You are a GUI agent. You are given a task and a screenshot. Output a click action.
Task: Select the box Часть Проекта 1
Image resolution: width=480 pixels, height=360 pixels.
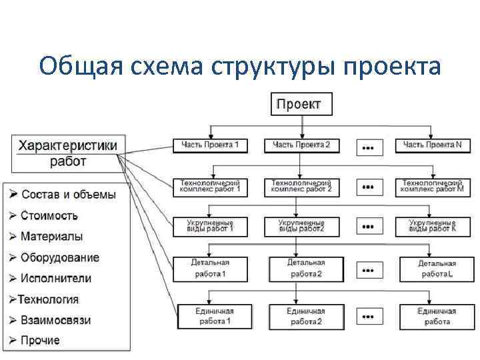(209, 145)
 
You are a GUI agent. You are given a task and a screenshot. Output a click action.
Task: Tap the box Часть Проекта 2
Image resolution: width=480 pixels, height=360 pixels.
(301, 145)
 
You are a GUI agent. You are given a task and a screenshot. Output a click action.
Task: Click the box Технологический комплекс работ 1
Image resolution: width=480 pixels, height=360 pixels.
(209, 186)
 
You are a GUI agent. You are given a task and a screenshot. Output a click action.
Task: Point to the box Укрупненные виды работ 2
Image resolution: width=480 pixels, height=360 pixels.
(301, 226)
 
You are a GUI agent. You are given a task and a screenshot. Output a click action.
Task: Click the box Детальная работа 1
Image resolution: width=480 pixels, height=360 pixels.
(209, 268)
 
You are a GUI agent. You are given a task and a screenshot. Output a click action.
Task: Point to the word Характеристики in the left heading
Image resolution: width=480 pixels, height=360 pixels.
(67, 145)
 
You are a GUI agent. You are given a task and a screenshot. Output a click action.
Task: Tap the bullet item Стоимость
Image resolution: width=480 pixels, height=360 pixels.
(49, 215)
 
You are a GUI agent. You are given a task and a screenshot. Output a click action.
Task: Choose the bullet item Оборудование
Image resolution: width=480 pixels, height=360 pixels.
(60, 257)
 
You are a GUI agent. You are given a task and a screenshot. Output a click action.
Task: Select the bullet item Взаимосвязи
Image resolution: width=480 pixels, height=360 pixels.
(55, 320)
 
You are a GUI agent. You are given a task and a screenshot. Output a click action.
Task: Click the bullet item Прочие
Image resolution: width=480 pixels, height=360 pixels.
(40, 341)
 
